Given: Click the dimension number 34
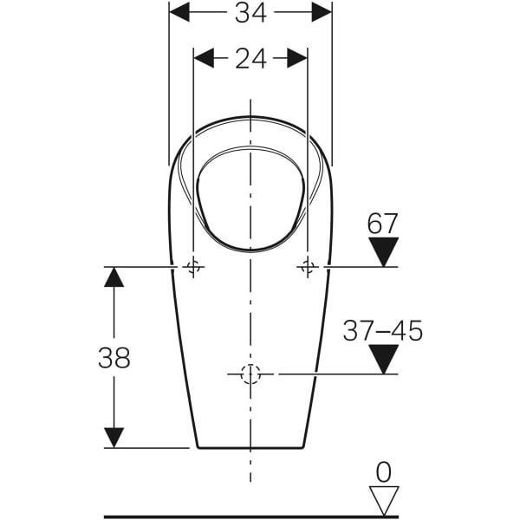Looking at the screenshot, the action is click(250, 13).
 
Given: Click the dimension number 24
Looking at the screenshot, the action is click(250, 59).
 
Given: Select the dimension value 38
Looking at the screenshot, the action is click(114, 358).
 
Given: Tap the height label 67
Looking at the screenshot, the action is click(382, 224).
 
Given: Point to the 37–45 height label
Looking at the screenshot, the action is click(383, 331).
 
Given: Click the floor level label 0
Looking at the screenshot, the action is click(384, 472).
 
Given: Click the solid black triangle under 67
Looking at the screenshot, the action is click(384, 251).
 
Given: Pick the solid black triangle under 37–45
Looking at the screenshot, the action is click(384, 359).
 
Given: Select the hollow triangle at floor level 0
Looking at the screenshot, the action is click(384, 501).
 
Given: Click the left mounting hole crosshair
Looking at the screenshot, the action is click(193, 267).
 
